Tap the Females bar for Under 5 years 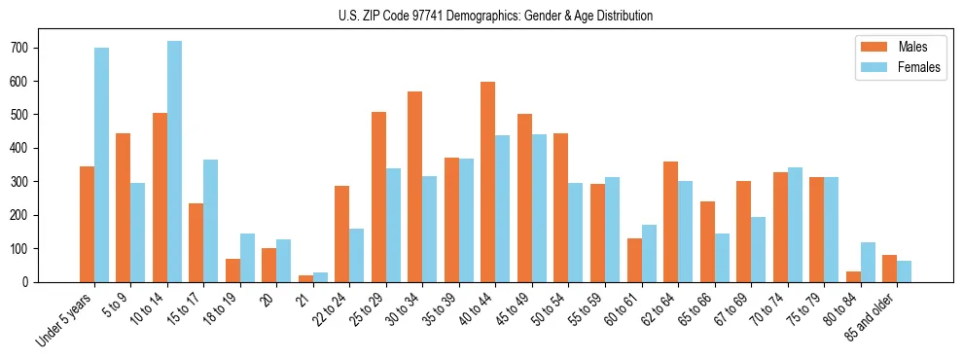[101, 165]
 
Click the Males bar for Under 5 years [87, 224]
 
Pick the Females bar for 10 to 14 [174, 162]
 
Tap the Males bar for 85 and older [889, 269]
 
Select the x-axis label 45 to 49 [516, 307]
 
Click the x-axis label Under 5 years [65, 319]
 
